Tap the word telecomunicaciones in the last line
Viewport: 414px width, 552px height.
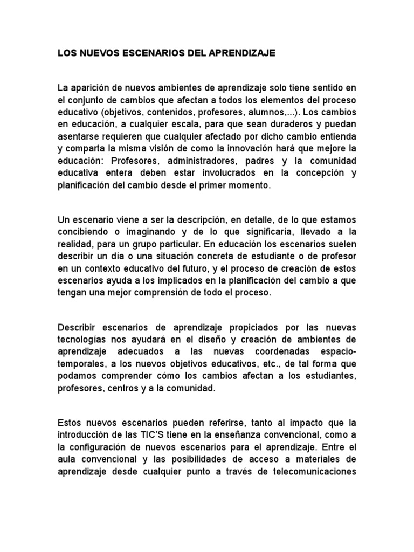pyautogui.click(x=313, y=472)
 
